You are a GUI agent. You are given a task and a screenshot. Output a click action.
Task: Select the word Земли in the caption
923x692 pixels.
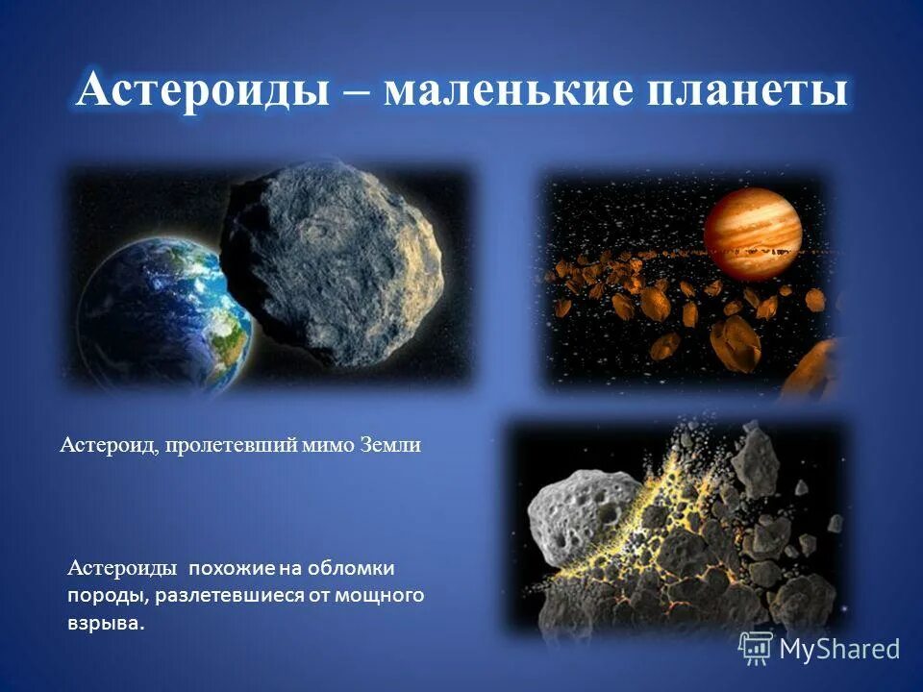tap(389, 446)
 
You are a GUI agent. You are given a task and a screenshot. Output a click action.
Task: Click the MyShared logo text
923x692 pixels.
tap(838, 649)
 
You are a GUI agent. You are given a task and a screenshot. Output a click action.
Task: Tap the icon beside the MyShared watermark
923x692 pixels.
tap(756, 649)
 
